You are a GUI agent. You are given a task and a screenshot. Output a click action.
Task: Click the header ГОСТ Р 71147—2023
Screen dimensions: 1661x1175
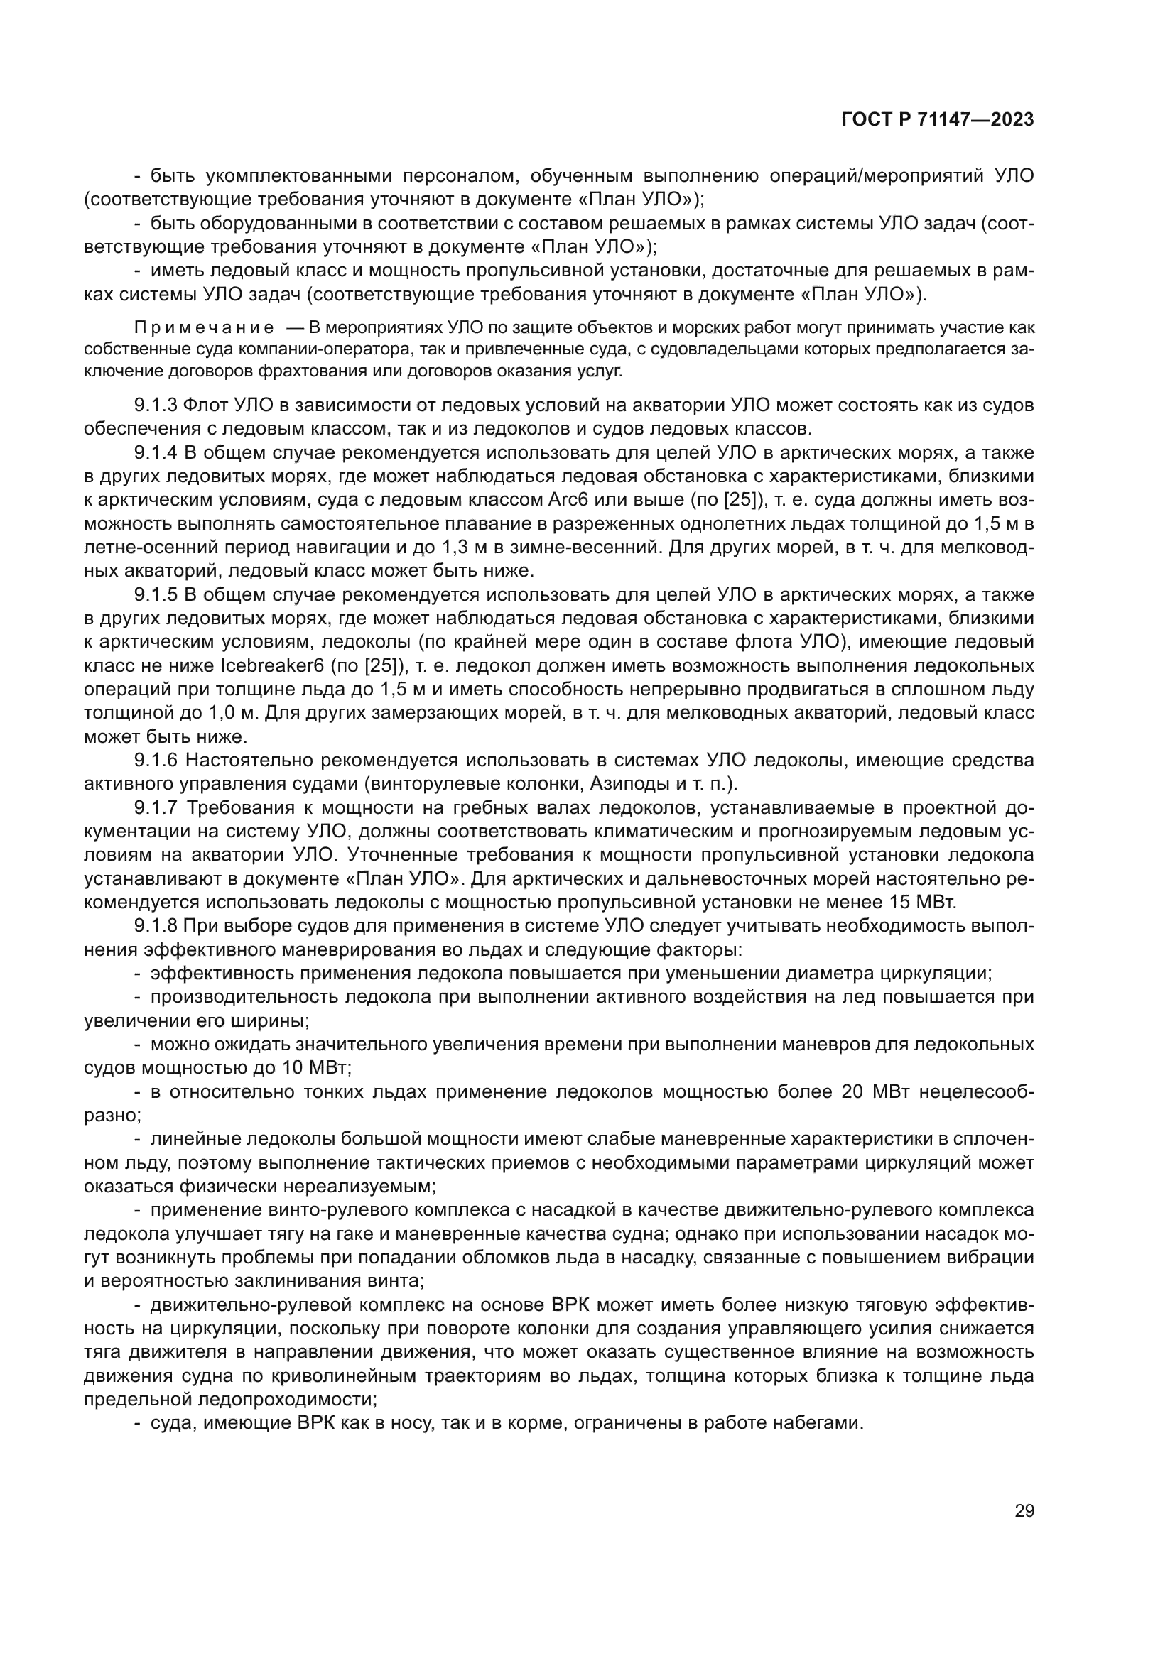click(x=937, y=120)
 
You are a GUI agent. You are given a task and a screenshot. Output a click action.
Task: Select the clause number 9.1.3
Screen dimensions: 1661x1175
click(x=156, y=405)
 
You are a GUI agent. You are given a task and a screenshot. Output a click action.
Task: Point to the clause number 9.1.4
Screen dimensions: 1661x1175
click(x=156, y=453)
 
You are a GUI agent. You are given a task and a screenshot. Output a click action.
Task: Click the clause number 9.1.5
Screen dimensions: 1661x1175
click(x=156, y=594)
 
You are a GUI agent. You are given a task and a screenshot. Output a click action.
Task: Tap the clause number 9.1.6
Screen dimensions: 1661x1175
click(x=156, y=761)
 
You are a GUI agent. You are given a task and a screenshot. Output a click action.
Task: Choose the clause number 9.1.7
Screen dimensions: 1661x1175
click(x=156, y=807)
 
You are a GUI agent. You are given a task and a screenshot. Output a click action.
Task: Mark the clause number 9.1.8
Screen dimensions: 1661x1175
click(x=156, y=926)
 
